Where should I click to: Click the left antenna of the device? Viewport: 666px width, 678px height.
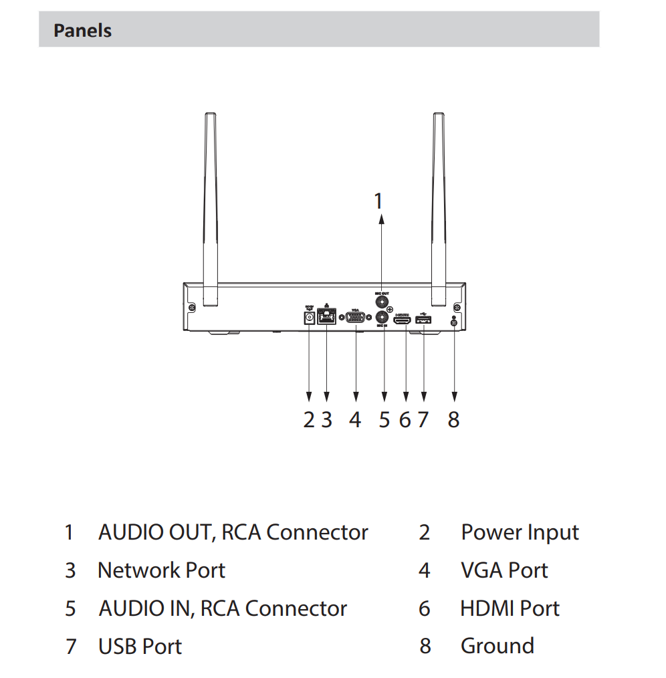(210, 207)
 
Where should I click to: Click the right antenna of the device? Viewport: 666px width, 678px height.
(439, 207)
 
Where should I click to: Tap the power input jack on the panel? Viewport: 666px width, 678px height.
(309, 319)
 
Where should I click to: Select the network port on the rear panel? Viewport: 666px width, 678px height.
(326, 318)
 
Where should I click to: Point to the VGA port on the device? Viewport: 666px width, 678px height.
(356, 319)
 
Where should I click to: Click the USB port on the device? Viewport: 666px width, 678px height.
(424, 321)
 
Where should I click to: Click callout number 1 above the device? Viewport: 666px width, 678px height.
(378, 200)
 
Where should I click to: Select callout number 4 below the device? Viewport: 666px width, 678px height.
(355, 420)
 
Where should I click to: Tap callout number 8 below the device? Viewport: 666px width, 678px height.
(453, 420)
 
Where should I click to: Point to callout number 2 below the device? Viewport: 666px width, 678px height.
(308, 420)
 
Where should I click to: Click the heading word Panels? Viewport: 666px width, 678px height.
(82, 31)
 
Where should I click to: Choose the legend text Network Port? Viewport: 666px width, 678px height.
(161, 570)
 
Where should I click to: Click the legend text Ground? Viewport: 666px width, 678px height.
(497, 646)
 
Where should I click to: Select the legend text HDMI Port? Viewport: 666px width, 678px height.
(510, 608)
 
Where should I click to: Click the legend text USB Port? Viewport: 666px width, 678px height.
(140, 647)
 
